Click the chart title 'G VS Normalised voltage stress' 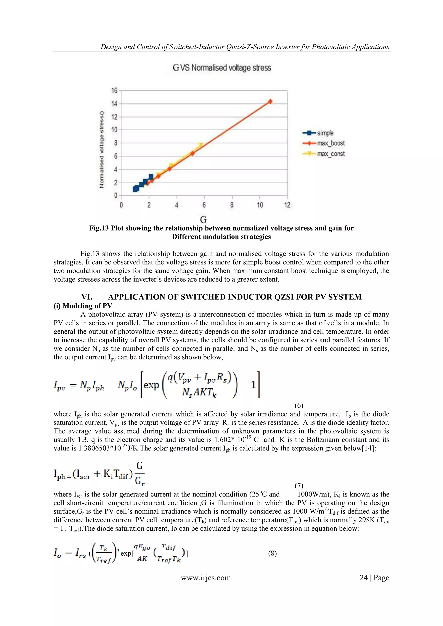(222, 68)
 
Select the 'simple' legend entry (325, 133)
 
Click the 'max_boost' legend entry (331, 143)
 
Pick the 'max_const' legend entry (331, 154)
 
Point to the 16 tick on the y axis (114, 91)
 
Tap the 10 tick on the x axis (260, 205)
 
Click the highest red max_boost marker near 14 (270, 101)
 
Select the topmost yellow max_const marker (201, 145)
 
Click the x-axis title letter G (203, 219)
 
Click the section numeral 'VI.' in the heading (87, 297)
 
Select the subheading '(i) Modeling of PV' (83, 306)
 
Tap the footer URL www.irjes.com (206, 578)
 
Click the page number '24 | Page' (374, 578)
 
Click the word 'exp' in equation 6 (151, 385)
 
